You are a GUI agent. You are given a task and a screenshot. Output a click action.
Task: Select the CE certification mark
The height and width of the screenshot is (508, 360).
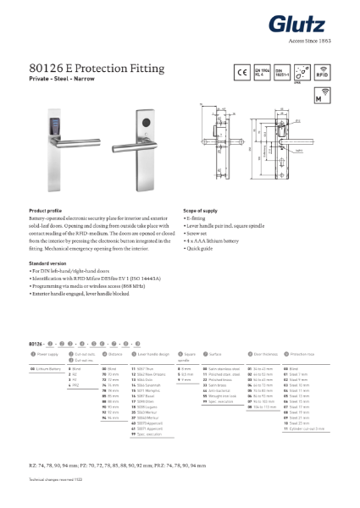241,74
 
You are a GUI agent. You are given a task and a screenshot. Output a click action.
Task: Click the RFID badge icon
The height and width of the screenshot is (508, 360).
321,74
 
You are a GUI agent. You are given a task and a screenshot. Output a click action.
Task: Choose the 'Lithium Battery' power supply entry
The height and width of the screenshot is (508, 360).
48,368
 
